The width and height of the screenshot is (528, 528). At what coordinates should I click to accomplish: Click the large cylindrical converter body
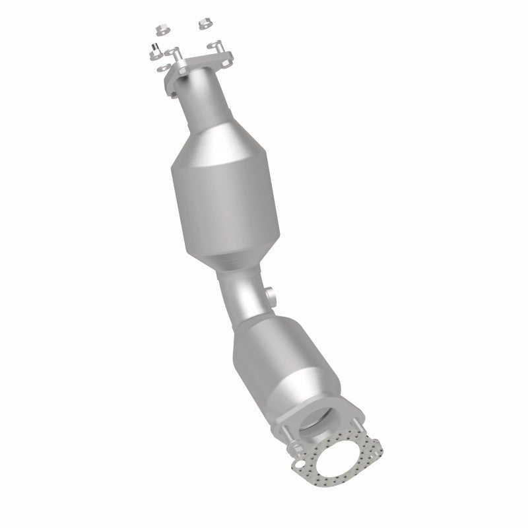[228, 198]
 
